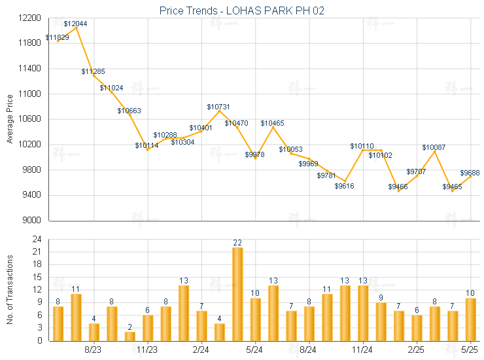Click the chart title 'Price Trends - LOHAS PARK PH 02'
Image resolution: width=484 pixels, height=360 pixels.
click(242, 10)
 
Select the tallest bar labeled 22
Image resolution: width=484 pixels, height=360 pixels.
click(237, 294)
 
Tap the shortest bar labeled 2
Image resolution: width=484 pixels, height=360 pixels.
click(130, 336)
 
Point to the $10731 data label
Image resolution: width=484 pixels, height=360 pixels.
click(218, 107)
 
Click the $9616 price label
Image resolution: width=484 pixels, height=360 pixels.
click(345, 187)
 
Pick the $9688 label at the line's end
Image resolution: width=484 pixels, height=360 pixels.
click(470, 173)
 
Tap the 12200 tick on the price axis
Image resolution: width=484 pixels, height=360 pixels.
click(30, 18)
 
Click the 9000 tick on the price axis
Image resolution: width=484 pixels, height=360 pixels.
click(32, 221)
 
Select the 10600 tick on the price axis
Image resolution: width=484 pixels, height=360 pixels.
click(30, 119)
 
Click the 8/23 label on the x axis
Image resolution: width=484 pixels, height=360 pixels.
click(94, 351)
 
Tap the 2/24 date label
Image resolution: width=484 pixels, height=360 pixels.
click(201, 351)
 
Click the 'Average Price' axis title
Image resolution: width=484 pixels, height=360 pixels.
click(9, 119)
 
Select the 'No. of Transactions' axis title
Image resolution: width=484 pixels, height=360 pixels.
click(9, 290)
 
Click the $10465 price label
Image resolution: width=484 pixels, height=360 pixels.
click(273, 123)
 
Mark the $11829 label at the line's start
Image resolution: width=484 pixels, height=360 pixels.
click(58, 38)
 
